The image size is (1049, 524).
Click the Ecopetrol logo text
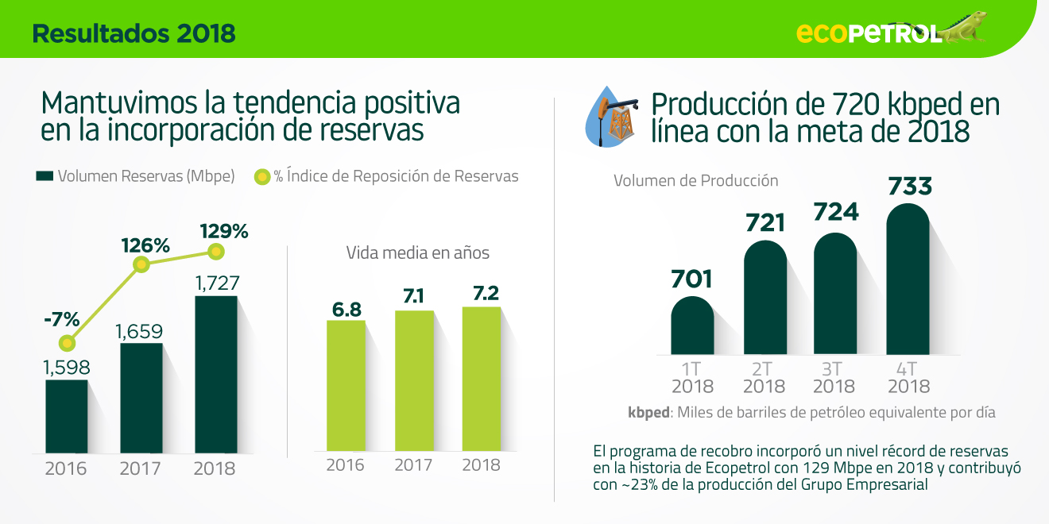(x=869, y=33)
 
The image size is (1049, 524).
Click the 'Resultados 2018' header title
(x=134, y=33)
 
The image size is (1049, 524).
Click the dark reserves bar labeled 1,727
(x=216, y=374)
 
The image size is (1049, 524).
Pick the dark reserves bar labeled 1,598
(x=67, y=416)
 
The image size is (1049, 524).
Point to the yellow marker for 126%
(x=141, y=265)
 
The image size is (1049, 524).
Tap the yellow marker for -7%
(x=67, y=344)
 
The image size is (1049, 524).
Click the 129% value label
(x=224, y=231)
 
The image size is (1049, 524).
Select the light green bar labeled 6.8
(x=346, y=386)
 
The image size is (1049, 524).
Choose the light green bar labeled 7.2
(x=482, y=379)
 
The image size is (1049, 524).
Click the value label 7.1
(x=413, y=296)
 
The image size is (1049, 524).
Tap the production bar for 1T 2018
(x=692, y=326)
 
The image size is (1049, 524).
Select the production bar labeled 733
(x=908, y=279)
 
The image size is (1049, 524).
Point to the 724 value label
(x=836, y=212)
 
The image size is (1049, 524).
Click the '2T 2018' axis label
(x=764, y=378)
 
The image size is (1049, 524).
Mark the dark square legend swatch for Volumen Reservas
(x=45, y=176)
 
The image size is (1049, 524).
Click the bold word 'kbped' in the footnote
(x=648, y=413)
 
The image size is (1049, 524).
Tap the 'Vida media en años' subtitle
(x=418, y=253)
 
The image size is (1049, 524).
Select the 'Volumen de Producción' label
(x=696, y=180)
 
